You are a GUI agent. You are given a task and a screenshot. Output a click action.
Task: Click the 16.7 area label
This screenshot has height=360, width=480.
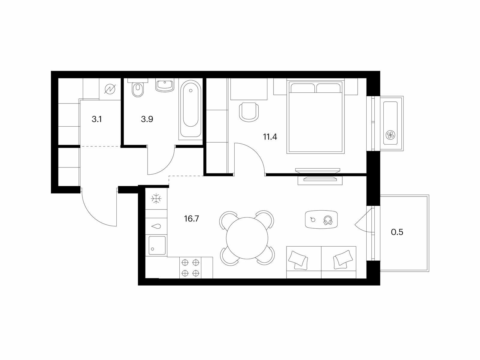(192, 219)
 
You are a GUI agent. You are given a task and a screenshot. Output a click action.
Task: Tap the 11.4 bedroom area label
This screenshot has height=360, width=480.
(270, 137)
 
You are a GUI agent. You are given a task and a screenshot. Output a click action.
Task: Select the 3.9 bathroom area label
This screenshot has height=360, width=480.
(147, 119)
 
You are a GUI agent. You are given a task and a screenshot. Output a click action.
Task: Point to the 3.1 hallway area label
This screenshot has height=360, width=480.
(97, 119)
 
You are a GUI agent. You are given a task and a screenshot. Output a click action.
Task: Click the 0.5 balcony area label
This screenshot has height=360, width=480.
(397, 232)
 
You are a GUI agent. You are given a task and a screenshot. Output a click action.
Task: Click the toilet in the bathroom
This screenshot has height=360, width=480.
(138, 88)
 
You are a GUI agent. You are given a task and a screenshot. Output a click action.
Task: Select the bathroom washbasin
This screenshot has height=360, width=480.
(165, 86)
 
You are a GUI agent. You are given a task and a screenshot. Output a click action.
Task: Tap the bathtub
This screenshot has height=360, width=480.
(191, 109)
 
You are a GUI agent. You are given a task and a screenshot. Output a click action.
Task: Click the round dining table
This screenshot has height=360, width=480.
(247, 238)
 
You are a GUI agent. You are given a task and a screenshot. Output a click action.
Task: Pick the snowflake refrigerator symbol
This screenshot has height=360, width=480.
(156, 199)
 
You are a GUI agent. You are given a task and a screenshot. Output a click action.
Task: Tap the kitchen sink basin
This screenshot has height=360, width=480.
(157, 245)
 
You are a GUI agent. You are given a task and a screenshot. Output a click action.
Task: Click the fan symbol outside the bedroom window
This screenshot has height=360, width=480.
(390, 135)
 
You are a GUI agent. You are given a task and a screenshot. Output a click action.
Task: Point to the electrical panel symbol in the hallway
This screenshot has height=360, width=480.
(110, 89)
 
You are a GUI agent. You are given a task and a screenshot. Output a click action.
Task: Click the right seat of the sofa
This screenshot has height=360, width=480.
(339, 262)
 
